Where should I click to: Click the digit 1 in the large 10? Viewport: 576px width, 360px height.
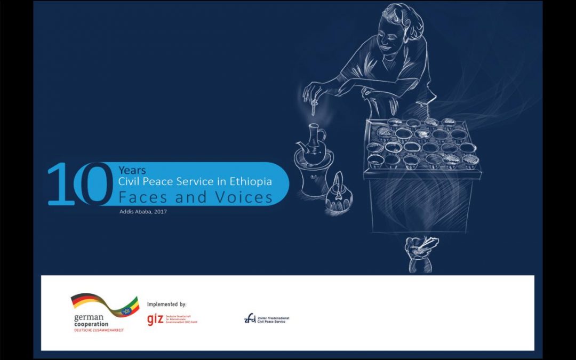point(60,184)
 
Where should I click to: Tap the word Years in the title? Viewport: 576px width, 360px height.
point(132,171)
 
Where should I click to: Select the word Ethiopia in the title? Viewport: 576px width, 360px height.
point(253,182)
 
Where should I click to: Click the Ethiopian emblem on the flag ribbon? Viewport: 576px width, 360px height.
point(127,310)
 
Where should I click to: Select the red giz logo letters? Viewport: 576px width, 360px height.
point(155,319)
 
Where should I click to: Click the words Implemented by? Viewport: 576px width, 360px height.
point(166,305)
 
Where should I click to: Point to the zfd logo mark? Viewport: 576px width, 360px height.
point(250,319)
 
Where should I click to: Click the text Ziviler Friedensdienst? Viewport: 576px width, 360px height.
point(273,317)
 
